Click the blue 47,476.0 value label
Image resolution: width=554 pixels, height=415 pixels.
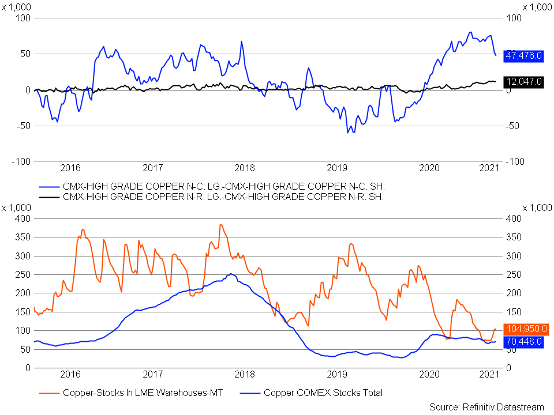click(x=523, y=56)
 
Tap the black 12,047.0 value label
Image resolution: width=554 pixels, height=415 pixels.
click(x=523, y=82)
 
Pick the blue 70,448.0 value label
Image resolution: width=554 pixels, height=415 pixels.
click(x=523, y=342)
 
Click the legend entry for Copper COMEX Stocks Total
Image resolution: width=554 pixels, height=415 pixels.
click(x=311, y=393)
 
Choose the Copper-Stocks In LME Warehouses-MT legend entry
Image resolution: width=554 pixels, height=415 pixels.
click(x=131, y=393)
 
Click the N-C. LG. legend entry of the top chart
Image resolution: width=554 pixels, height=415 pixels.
click(x=212, y=186)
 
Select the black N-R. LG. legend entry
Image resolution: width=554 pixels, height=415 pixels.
click(x=211, y=197)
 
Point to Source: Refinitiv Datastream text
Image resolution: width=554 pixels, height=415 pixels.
click(x=486, y=408)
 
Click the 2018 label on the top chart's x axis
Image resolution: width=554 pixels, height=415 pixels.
click(x=245, y=168)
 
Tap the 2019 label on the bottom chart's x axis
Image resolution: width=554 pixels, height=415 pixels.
click(x=336, y=374)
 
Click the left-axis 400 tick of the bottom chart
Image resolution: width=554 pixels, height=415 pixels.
click(x=23, y=219)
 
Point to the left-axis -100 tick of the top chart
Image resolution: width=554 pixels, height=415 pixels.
click(x=21, y=161)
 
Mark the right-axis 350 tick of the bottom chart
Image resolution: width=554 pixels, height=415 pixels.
click(x=514, y=237)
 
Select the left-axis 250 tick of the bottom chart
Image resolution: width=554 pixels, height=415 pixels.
click(x=23, y=274)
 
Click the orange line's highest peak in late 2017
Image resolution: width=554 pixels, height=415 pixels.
click(x=220, y=224)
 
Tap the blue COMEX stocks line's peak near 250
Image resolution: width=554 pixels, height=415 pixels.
click(x=230, y=273)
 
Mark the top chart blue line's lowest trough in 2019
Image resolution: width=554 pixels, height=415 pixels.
click(x=347, y=133)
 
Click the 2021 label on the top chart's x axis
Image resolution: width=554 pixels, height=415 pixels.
click(x=489, y=168)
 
